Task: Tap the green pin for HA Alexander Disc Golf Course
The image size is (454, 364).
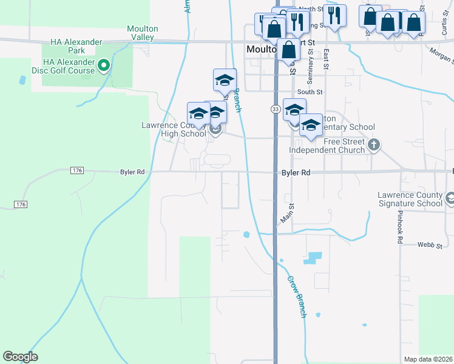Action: click(x=104, y=65)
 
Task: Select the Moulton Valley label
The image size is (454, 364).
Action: click(x=143, y=33)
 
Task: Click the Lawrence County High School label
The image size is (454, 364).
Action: click(x=174, y=129)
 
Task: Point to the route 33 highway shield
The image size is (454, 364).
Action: click(x=276, y=109)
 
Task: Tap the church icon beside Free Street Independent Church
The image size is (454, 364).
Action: click(x=374, y=145)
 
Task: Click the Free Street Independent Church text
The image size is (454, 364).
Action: click(x=327, y=146)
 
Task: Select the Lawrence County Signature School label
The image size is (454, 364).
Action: click(x=410, y=199)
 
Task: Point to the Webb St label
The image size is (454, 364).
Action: click(x=428, y=244)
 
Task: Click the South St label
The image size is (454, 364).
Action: click(x=310, y=92)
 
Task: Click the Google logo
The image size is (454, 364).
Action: click(x=20, y=357)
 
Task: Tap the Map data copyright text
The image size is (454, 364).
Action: click(x=429, y=359)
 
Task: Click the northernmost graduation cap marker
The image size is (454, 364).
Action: click(x=225, y=79)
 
